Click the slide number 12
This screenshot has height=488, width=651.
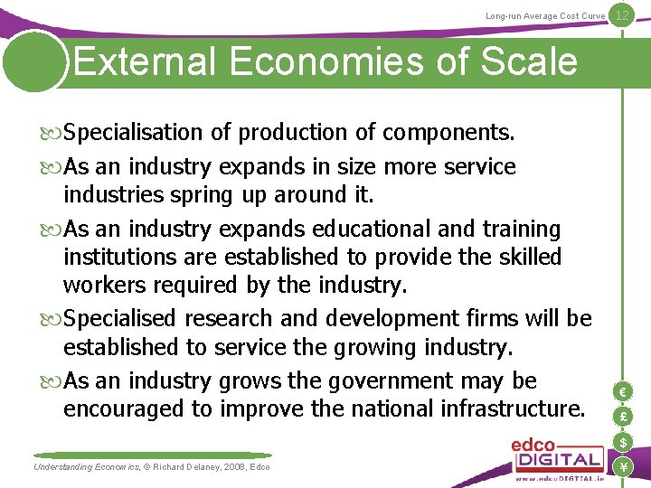click(x=621, y=15)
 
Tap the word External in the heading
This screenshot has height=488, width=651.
click(x=145, y=61)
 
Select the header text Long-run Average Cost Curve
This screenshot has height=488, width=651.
click(x=544, y=16)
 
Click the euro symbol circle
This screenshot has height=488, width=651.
click(x=622, y=391)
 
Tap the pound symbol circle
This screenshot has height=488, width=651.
click(x=622, y=417)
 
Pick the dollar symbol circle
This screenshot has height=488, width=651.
click(x=622, y=442)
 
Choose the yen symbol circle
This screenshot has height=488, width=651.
click(x=622, y=467)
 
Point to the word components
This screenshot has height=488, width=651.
click(x=448, y=133)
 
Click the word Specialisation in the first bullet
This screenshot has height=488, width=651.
click(x=134, y=133)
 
